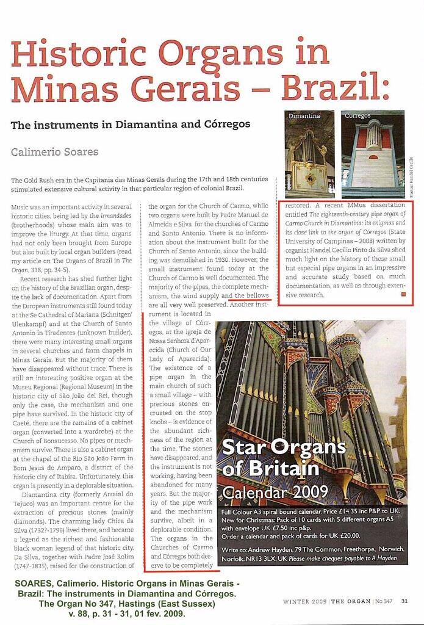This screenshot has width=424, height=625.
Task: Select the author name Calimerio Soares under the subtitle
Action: coord(54,151)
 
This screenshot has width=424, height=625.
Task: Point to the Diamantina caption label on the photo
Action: coord(304,115)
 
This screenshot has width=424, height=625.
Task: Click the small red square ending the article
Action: coord(403,295)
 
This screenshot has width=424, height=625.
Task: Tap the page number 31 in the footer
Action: coord(404,601)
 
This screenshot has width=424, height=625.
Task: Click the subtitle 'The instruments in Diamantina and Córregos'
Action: coord(131,124)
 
